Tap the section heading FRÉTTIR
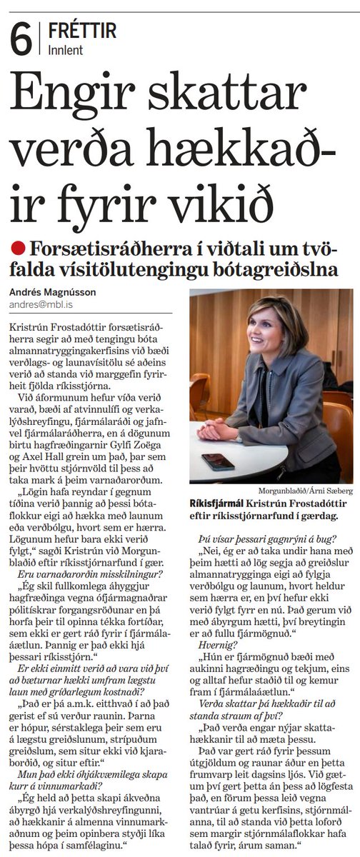(83, 31)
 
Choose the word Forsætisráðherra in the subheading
(107, 248)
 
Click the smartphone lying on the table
(218, 461)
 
